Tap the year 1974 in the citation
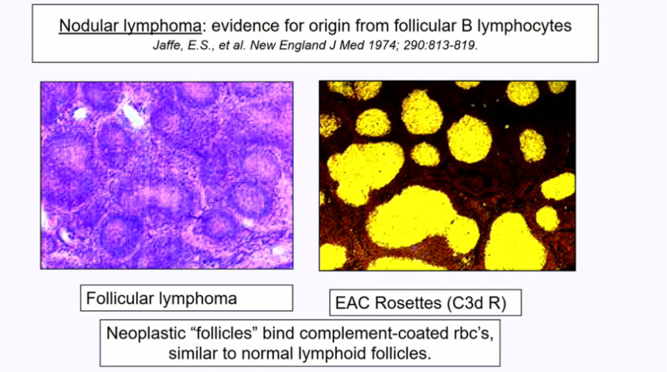[384, 45]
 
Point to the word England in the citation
[308, 46]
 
